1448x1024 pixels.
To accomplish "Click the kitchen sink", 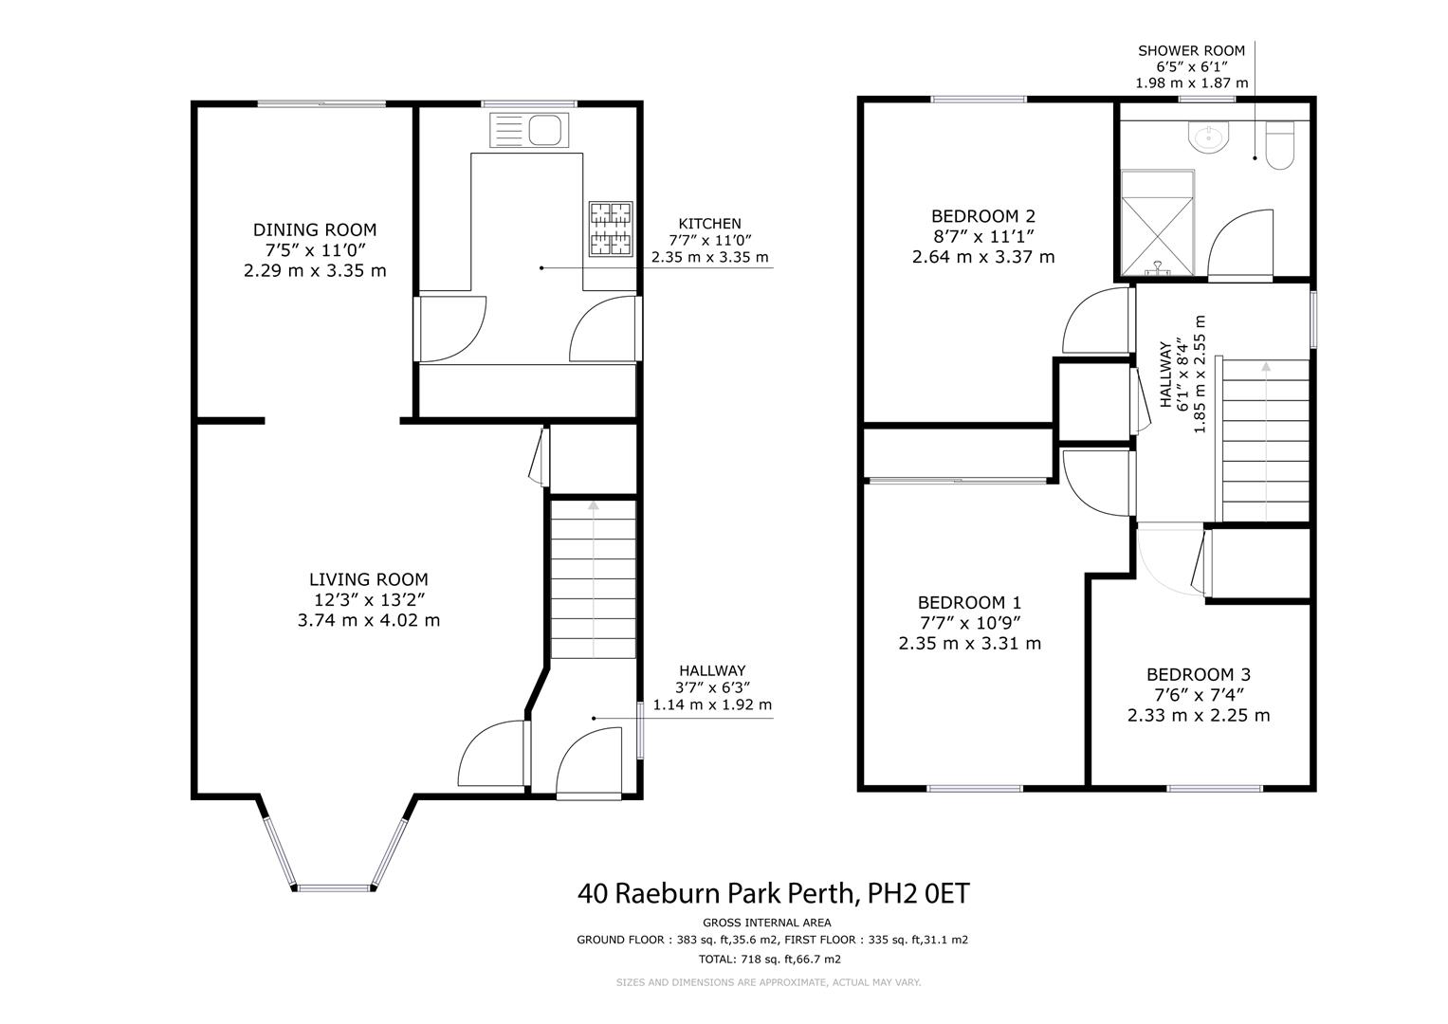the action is (529, 130).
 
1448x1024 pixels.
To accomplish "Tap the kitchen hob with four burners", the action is (611, 229).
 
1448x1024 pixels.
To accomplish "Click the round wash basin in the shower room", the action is (1207, 137).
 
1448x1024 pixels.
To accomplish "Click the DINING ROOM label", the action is (315, 230).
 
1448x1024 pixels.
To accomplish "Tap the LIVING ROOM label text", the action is (369, 579).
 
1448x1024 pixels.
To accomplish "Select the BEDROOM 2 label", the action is (983, 216).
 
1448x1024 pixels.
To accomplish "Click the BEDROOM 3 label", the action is (1199, 675).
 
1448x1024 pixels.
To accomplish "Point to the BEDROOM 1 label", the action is (970, 603).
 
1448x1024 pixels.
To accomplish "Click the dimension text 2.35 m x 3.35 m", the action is (710, 257).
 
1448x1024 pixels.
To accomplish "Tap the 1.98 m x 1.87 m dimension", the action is (1192, 82).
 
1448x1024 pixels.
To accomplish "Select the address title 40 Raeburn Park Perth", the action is (719, 894).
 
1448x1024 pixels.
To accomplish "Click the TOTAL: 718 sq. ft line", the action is (770, 960).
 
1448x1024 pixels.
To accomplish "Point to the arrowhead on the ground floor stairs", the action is (594, 504).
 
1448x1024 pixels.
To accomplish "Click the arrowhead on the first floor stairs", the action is (1266, 367).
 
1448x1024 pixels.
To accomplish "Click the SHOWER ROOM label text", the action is (1191, 50).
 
